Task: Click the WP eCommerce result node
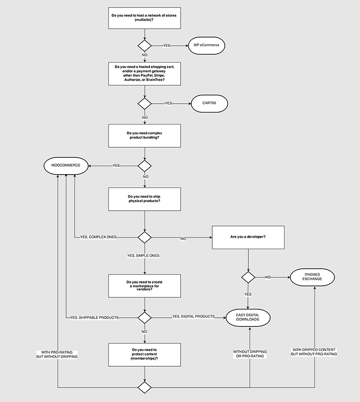point(206,45)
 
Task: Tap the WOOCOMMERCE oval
point(66,165)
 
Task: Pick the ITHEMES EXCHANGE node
point(312,277)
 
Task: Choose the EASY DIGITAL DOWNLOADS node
point(247,318)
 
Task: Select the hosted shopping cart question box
point(145,74)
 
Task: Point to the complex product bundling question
point(145,136)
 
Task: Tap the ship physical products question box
point(145,199)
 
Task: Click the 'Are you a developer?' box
point(248,237)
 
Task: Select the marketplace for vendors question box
point(145,285)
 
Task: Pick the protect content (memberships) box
point(145,354)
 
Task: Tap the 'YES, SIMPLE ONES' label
point(145,255)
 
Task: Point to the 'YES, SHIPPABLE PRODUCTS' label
point(95,318)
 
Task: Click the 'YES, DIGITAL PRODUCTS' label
point(193,316)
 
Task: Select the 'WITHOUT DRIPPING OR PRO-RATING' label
point(250,354)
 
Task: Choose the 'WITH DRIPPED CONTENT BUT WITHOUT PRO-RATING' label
point(314,352)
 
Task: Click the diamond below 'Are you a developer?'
point(248,277)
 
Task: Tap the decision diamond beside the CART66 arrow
point(145,103)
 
